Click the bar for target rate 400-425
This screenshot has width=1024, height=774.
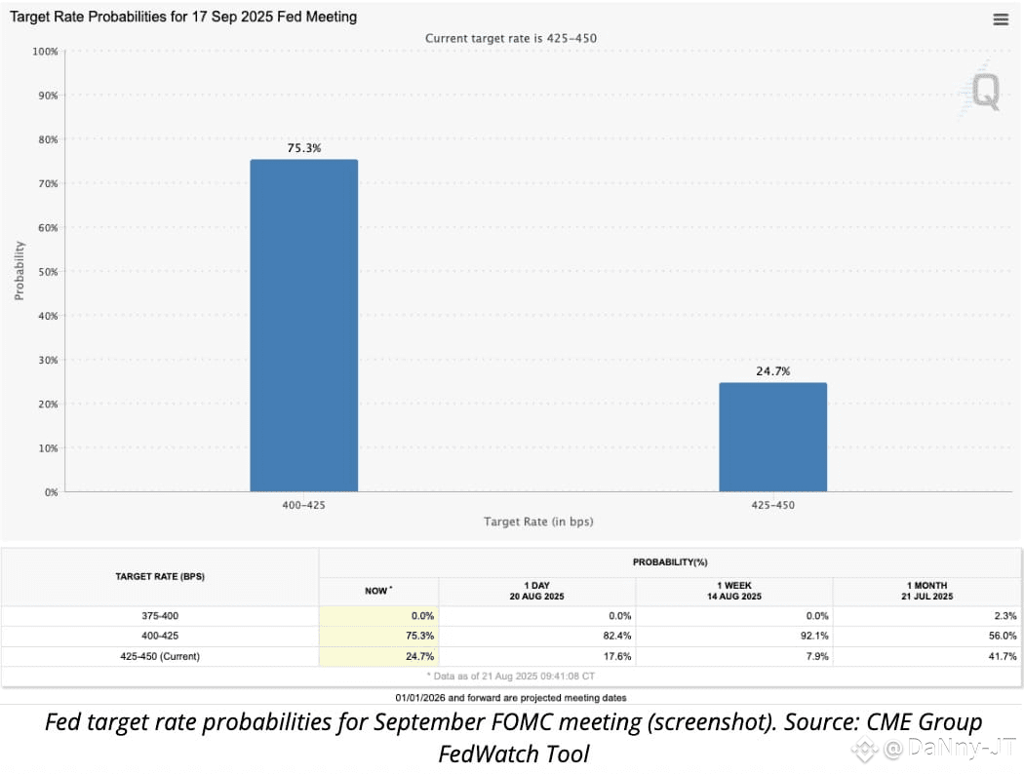click(x=303, y=326)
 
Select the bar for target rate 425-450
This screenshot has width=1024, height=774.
click(x=772, y=437)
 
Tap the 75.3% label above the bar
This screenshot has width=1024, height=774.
click(x=303, y=148)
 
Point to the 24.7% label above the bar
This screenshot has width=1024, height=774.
click(x=772, y=371)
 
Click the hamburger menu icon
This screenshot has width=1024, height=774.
click(x=1001, y=19)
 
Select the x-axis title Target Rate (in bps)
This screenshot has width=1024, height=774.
click(x=538, y=522)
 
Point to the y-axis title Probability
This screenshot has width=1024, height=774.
click(x=19, y=271)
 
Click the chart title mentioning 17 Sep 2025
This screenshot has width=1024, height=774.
click(x=183, y=17)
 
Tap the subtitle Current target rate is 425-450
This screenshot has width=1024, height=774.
click(x=511, y=38)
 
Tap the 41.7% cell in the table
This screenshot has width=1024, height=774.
click(x=1002, y=656)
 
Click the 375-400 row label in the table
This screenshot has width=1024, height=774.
click(x=159, y=616)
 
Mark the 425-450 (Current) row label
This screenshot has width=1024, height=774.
click(x=159, y=656)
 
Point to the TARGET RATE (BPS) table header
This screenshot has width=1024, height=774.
click(x=159, y=576)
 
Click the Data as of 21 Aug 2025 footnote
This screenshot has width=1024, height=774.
click(x=511, y=675)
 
